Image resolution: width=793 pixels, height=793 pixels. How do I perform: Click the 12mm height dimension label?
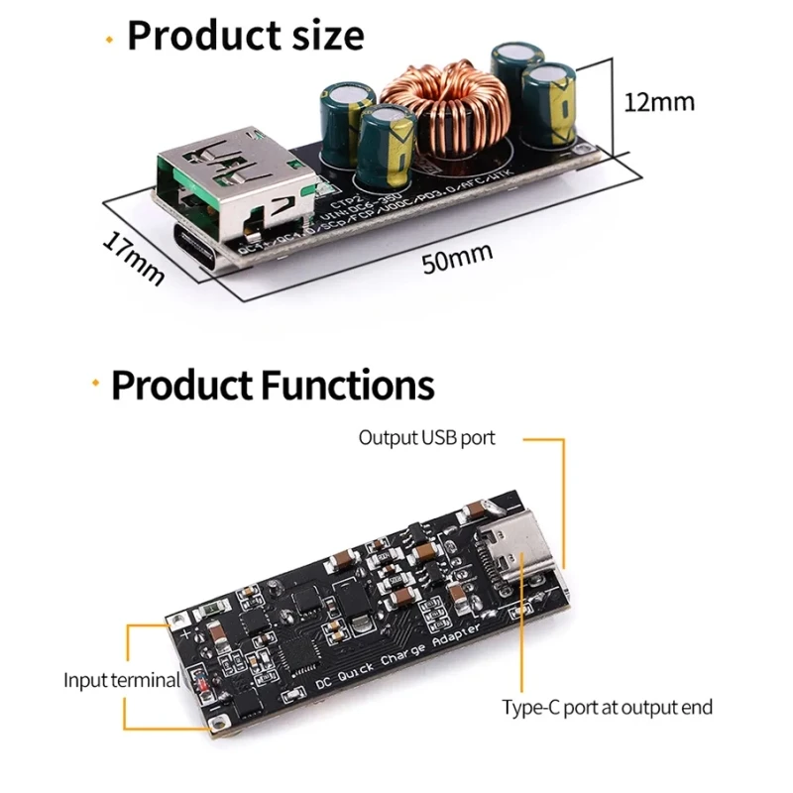point(659,102)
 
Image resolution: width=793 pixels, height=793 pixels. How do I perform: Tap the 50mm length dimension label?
point(457,260)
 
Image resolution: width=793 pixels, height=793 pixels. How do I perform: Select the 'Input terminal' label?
point(122,681)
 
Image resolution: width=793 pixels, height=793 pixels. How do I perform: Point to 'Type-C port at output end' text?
point(607,707)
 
